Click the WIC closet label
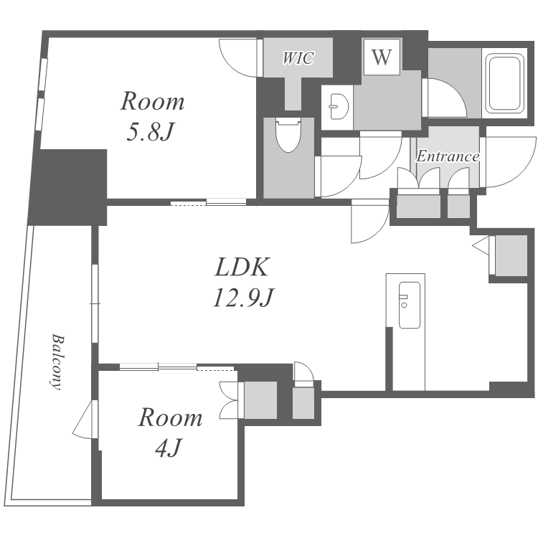pos(298,58)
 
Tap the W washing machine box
pos(382,57)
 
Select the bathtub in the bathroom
pos(506,83)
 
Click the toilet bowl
pos(288,135)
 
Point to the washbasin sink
pos(338,106)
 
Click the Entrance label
pos(448,156)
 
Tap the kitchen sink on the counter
pos(409,305)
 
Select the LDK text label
pos(242,267)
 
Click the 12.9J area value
pos(243,297)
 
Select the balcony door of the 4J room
pos(83,420)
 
